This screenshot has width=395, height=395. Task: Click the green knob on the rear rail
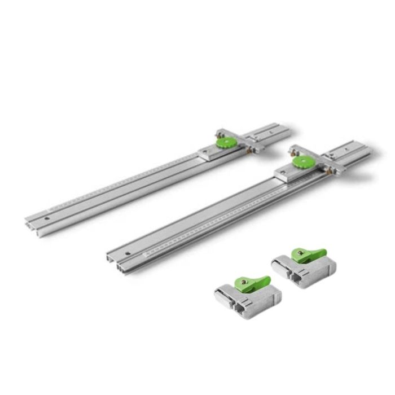click(x=224, y=141)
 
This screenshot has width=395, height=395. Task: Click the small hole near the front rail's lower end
click(x=129, y=252)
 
